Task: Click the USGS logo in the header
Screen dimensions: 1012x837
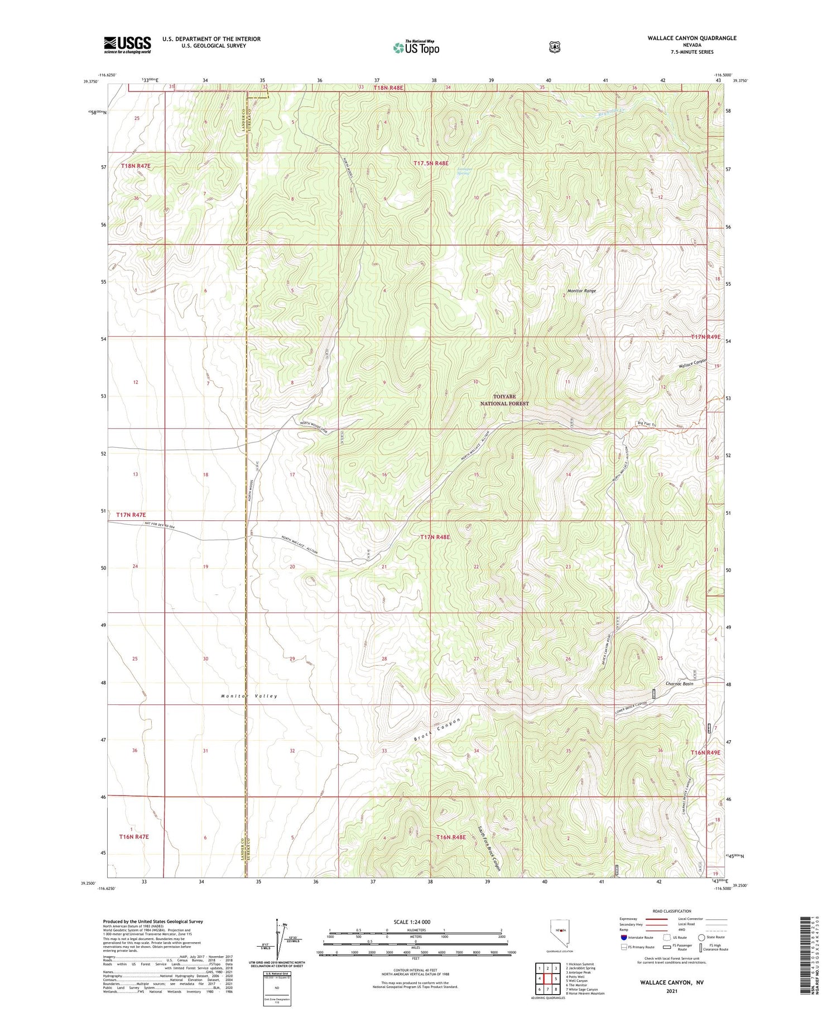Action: pos(127,45)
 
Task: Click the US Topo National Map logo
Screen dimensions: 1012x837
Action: pos(416,47)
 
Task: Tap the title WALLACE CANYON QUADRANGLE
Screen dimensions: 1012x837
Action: pos(691,38)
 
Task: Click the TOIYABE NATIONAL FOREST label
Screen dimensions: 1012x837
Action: pos(503,400)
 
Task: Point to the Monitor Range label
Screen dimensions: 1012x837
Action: pos(581,291)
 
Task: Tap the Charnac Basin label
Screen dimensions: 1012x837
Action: pos(679,683)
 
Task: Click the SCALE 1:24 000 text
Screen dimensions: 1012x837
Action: pos(412,922)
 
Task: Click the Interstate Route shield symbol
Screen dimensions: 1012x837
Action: pos(623,938)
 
